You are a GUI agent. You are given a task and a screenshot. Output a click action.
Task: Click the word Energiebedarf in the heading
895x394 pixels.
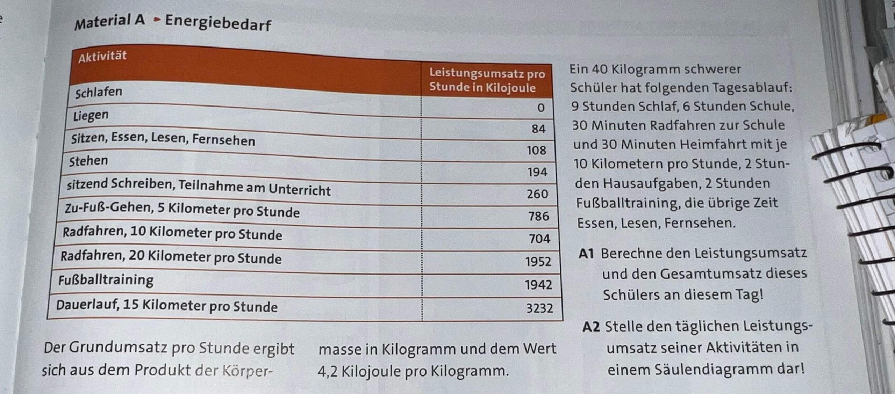[218, 23]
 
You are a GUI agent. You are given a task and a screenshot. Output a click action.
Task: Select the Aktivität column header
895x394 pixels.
[102, 56]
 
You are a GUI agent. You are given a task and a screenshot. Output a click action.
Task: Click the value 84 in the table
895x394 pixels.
[538, 129]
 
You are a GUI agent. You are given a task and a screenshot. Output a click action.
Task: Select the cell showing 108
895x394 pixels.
[536, 151]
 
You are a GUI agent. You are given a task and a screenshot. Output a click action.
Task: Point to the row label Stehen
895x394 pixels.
[88, 161]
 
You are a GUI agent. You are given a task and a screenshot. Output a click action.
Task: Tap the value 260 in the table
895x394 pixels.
[537, 194]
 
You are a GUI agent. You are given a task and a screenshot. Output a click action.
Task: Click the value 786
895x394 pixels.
[538, 216]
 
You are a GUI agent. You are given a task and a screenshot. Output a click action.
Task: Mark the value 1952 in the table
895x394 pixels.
[538, 262]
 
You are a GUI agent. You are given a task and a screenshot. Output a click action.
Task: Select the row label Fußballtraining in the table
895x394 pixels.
[106, 280]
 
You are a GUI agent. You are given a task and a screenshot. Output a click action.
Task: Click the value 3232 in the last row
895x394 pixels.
[539, 308]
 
